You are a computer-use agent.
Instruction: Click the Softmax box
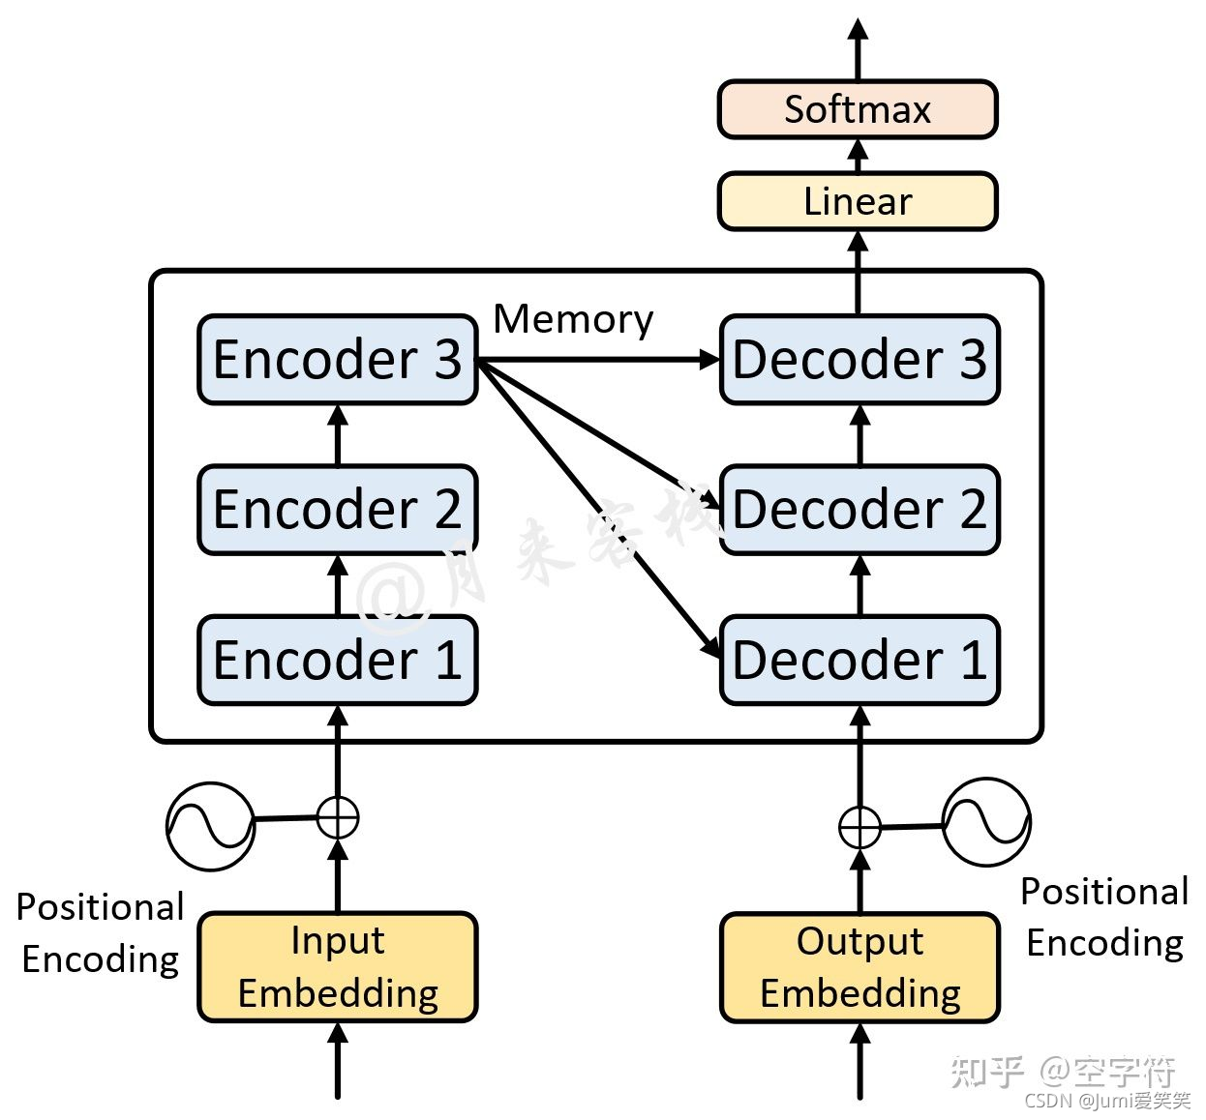(857, 109)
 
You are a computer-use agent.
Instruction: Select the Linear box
(857, 201)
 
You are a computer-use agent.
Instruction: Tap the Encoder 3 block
(337, 359)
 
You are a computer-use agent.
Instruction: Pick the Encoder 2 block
(337, 510)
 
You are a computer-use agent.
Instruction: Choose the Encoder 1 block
(337, 660)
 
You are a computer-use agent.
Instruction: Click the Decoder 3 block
(859, 359)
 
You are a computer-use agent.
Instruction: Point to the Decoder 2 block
(859, 510)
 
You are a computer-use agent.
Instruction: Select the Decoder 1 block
(859, 660)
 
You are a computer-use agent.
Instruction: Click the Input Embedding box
(337, 966)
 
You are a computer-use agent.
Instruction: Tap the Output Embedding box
(859, 966)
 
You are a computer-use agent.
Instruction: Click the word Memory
(573, 319)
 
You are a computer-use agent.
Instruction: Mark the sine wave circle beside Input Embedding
(210, 826)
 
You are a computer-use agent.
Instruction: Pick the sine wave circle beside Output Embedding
(986, 822)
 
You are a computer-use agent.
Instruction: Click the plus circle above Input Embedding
(338, 817)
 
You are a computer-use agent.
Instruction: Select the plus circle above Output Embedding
(859, 828)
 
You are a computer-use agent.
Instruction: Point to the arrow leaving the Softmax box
(858, 48)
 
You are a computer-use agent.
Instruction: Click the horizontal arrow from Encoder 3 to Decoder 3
(600, 360)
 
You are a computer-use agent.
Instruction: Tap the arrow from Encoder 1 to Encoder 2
(338, 585)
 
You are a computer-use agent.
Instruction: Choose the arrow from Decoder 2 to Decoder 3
(859, 435)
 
